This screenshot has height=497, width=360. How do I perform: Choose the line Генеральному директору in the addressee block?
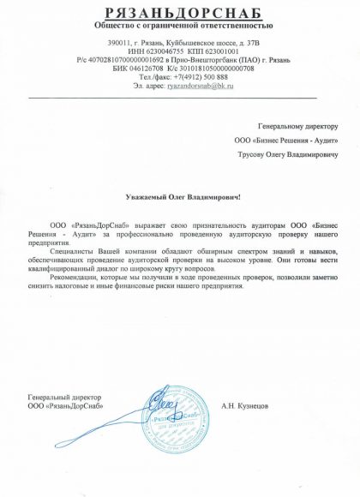point(295,125)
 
